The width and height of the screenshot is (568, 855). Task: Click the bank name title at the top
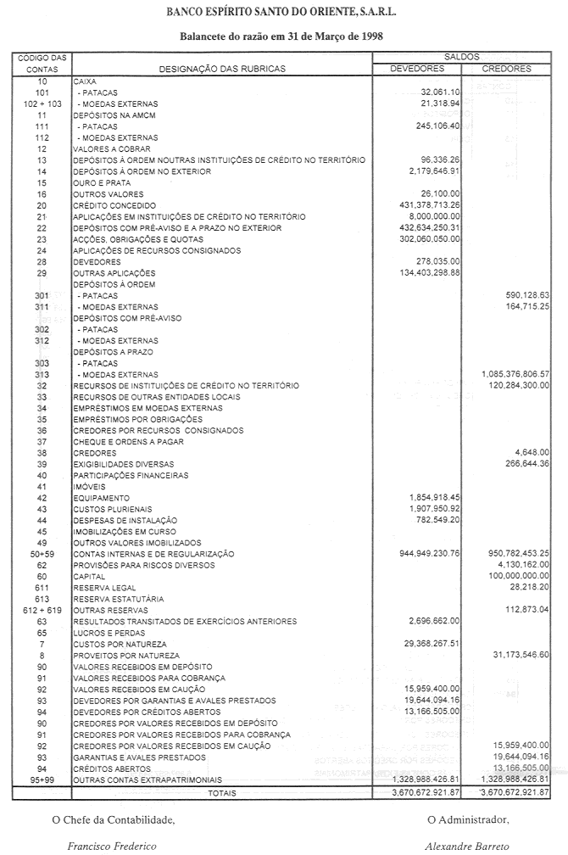tap(283, 14)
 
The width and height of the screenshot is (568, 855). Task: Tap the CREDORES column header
tap(506, 69)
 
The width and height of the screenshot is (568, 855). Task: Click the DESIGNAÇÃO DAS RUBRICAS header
tap(222, 69)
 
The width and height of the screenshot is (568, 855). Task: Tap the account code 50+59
tap(41, 553)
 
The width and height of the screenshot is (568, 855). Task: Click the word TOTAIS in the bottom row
tap(222, 792)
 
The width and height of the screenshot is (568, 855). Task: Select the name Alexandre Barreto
tap(467, 846)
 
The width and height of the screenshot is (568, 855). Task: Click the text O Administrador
tap(467, 819)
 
